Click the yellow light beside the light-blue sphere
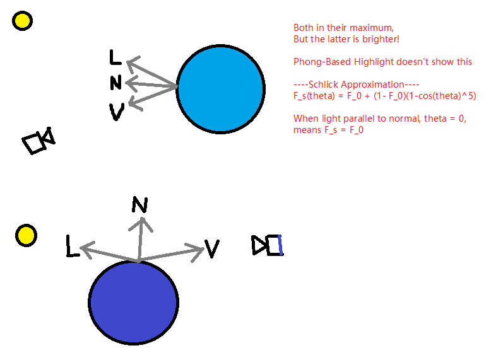(22, 21)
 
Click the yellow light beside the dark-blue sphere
(26, 236)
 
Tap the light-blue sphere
(221, 89)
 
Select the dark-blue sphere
(133, 303)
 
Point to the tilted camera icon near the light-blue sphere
(38, 141)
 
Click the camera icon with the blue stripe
(268, 245)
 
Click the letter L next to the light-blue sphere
(115, 57)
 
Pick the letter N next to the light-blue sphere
(116, 83)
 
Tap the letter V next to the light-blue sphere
(117, 112)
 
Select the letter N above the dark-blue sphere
(139, 204)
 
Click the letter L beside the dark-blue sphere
(73, 247)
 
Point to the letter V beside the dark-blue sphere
(212, 248)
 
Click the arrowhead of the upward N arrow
(141, 224)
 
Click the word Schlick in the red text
(324, 84)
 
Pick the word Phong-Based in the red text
(322, 62)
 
